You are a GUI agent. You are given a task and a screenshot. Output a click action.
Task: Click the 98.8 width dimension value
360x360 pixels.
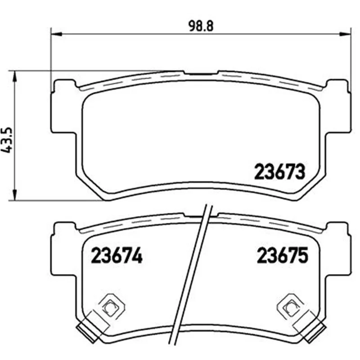click(x=201, y=26)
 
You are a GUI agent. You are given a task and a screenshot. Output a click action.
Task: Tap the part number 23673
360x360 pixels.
click(x=279, y=171)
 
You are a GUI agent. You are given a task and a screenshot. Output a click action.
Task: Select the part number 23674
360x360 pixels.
click(x=117, y=255)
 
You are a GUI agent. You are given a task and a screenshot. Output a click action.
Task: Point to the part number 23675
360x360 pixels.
click(x=283, y=255)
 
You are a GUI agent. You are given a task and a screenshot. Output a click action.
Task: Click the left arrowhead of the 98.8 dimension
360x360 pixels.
click(x=57, y=34)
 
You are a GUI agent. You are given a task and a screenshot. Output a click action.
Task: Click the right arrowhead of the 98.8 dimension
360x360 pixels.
click(x=345, y=34)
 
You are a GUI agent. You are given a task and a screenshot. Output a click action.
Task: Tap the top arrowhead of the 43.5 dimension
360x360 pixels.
click(x=15, y=76)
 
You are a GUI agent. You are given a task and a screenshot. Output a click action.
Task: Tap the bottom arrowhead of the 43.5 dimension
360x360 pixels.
click(x=15, y=195)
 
